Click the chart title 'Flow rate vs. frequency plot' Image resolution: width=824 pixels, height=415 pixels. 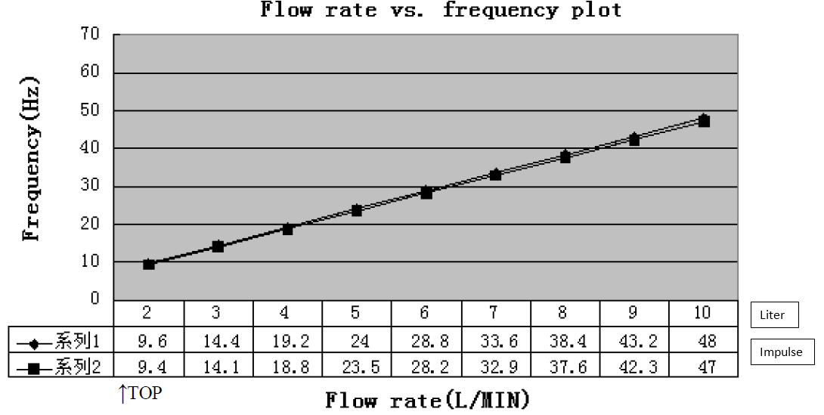click(441, 10)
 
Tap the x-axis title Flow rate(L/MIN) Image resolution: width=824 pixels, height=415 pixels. click(427, 399)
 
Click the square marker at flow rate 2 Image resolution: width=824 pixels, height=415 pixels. click(149, 265)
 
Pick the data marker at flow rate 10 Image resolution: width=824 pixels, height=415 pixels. click(704, 121)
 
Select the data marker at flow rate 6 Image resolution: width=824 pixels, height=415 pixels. click(426, 193)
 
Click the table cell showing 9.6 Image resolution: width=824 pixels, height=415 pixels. click(149, 342)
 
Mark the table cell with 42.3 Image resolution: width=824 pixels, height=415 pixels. click(634, 367)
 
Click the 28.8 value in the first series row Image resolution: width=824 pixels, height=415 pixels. click(426, 342)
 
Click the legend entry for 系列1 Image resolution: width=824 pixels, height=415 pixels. click(60, 342)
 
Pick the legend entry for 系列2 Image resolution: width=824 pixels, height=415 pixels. click(60, 367)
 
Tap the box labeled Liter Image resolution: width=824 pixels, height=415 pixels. click(774, 315)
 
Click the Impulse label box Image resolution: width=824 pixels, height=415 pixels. click(782, 352)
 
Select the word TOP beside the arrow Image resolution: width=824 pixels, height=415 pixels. click(146, 393)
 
